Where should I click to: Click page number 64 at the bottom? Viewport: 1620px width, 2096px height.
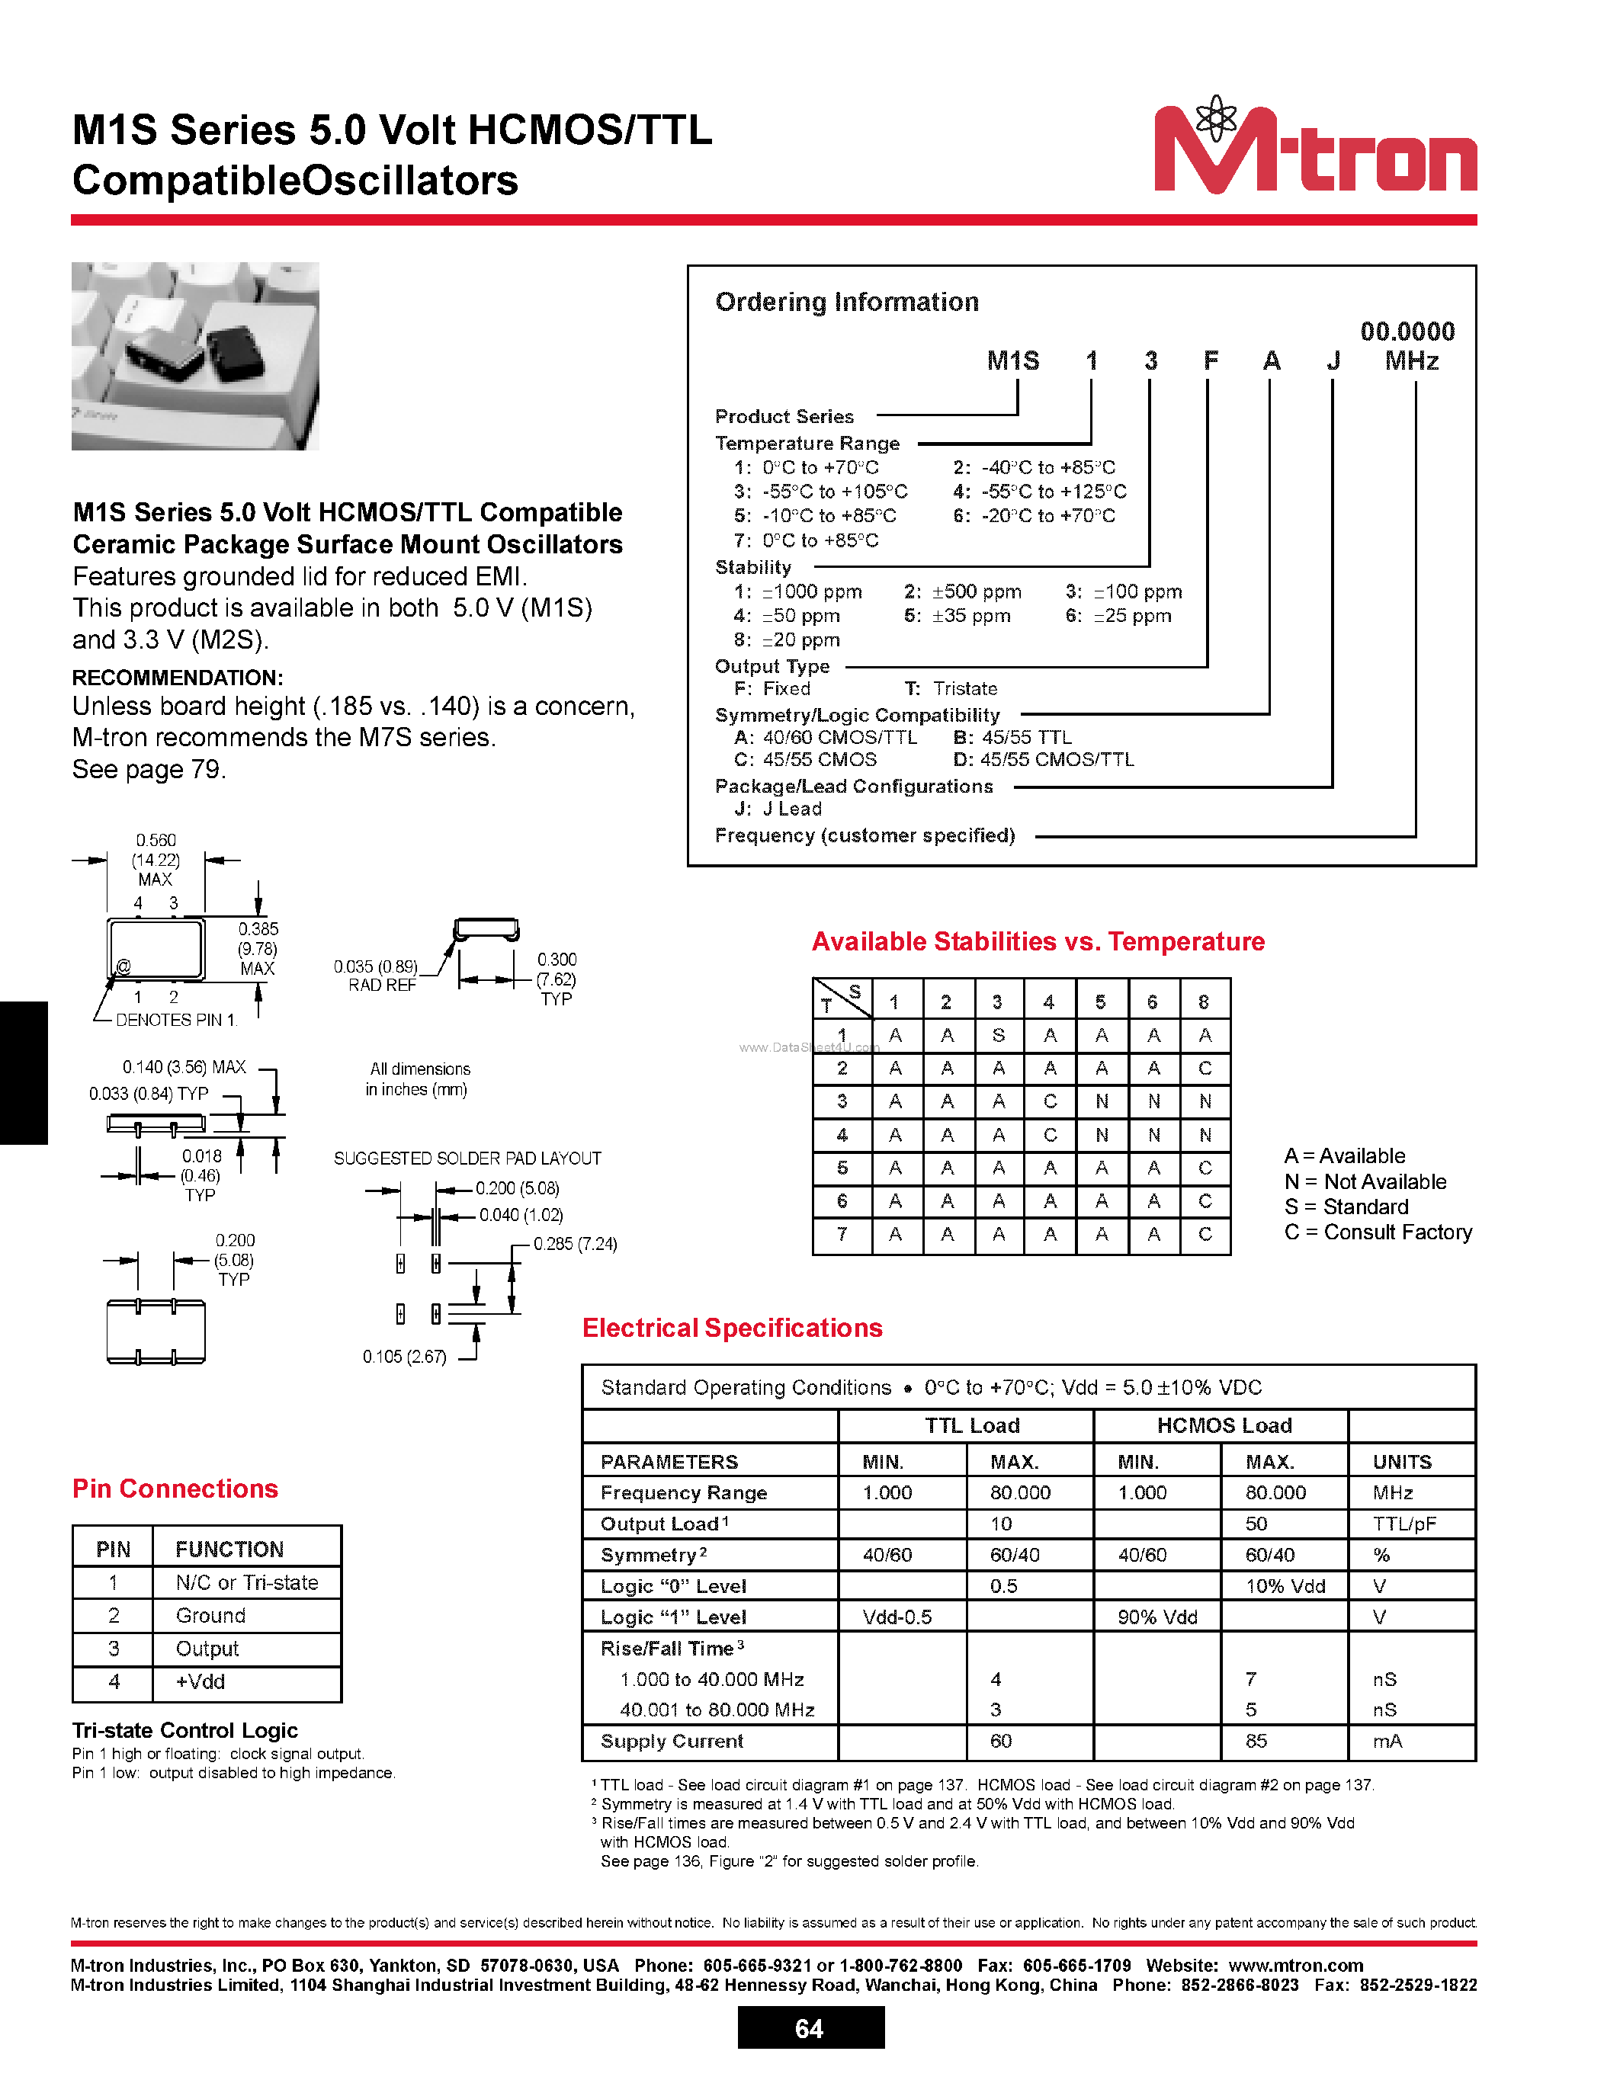(x=809, y=2028)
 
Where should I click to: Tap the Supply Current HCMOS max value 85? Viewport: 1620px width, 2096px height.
(x=1256, y=1741)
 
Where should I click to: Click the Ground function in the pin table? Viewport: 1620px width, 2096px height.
(x=210, y=1615)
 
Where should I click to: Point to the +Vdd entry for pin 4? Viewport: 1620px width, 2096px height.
(x=200, y=1681)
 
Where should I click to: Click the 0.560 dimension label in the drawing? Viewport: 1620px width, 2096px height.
(x=156, y=841)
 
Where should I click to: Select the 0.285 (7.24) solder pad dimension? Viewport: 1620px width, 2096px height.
(x=575, y=1244)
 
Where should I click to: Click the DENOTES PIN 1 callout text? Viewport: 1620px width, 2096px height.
(x=175, y=1020)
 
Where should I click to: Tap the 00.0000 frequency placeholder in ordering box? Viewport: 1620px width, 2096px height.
(x=1407, y=332)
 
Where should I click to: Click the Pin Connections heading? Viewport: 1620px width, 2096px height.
(x=175, y=1489)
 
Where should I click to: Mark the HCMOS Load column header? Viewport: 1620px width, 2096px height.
(x=1224, y=1425)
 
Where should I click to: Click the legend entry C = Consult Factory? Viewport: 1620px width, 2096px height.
(x=1378, y=1232)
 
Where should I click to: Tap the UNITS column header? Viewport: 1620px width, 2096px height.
(x=1401, y=1462)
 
